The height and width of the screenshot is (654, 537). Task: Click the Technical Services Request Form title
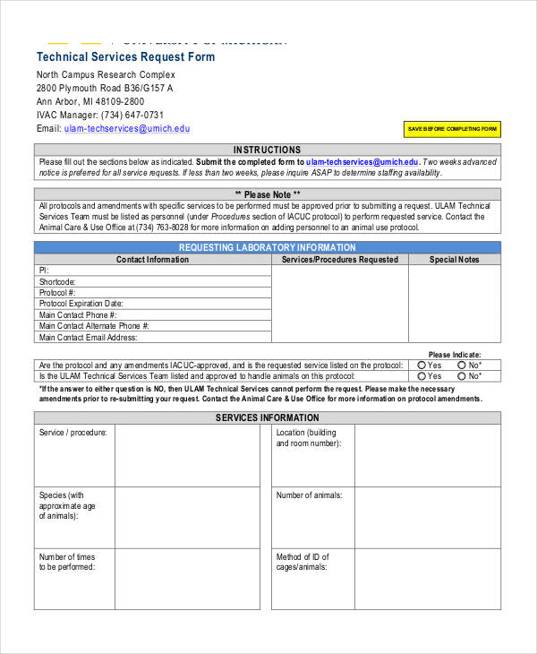click(125, 56)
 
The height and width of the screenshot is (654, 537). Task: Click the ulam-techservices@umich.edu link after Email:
click(127, 128)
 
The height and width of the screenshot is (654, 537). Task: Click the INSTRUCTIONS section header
click(268, 150)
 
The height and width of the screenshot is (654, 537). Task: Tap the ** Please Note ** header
click(268, 194)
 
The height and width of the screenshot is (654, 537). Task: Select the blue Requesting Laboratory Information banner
click(268, 247)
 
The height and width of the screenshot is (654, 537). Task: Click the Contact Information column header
click(153, 260)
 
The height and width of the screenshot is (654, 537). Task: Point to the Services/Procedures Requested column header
click(340, 260)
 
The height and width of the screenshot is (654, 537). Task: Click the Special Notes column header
click(455, 260)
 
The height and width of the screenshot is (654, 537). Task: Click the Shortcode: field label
click(57, 281)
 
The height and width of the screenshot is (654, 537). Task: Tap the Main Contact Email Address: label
click(88, 338)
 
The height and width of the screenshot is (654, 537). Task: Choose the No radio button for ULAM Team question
click(463, 376)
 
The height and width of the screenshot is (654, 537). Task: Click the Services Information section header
click(268, 417)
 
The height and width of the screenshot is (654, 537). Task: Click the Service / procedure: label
click(72, 433)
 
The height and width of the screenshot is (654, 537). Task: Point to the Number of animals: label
click(309, 495)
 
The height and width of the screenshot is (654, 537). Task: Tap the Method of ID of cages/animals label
click(303, 562)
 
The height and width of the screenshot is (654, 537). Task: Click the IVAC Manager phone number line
click(100, 115)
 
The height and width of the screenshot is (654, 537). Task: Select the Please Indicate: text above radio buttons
click(455, 355)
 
